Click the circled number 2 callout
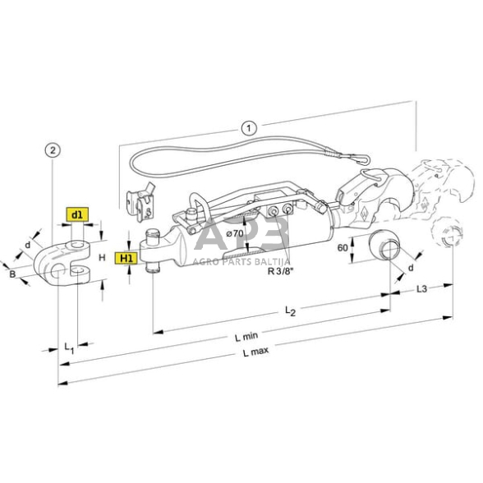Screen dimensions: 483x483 coord(53,149)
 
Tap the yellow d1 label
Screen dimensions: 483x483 coord(76,215)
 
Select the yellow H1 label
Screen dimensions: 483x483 coord(126,258)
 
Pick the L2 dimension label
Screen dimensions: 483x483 coord(289,310)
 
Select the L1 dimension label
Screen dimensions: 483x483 coord(69,349)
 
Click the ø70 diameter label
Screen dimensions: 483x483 coord(236,233)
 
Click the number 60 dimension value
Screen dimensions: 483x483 coord(342,246)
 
